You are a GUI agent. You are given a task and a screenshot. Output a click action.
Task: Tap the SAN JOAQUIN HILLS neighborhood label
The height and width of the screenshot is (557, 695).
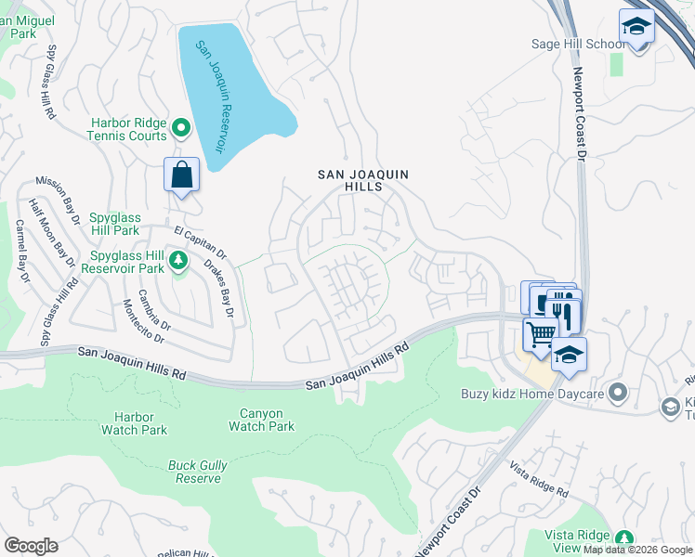coord(362,180)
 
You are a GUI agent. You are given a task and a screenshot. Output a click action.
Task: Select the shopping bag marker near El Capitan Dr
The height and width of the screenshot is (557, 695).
coord(181,175)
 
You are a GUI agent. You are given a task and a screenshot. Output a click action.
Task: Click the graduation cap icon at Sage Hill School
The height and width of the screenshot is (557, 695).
coord(636,26)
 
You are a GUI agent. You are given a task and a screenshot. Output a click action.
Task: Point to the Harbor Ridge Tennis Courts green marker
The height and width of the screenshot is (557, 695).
coord(181,127)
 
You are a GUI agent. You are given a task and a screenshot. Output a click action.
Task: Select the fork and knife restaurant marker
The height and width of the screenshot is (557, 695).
coord(563,313)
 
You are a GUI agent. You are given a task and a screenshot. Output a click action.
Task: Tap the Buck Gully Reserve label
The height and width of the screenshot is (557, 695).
coord(195,472)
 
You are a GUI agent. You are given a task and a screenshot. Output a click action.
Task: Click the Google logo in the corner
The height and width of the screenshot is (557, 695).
coord(31,546)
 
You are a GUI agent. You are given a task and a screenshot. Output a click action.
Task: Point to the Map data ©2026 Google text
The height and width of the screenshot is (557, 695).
coord(637,550)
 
